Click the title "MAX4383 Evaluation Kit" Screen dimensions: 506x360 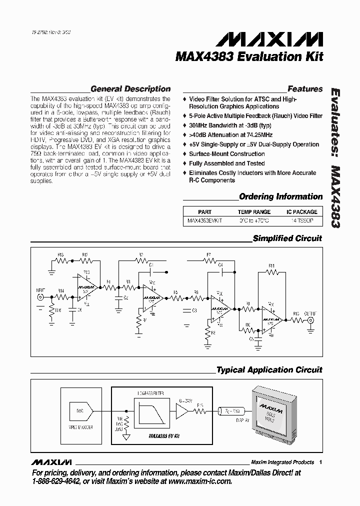(249, 56)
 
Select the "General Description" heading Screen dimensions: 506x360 (130, 89)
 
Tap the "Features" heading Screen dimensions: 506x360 (305, 89)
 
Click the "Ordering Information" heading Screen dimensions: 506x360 (280, 196)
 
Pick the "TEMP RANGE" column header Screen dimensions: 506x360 (254, 212)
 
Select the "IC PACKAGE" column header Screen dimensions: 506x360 (301, 212)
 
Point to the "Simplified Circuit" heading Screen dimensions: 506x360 (287, 238)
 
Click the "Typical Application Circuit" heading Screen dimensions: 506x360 (269, 370)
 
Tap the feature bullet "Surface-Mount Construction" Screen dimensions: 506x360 (226, 154)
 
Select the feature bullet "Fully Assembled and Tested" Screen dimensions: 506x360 (226, 163)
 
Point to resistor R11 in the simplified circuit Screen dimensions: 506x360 (271, 272)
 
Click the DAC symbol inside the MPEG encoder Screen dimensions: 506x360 (80, 410)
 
